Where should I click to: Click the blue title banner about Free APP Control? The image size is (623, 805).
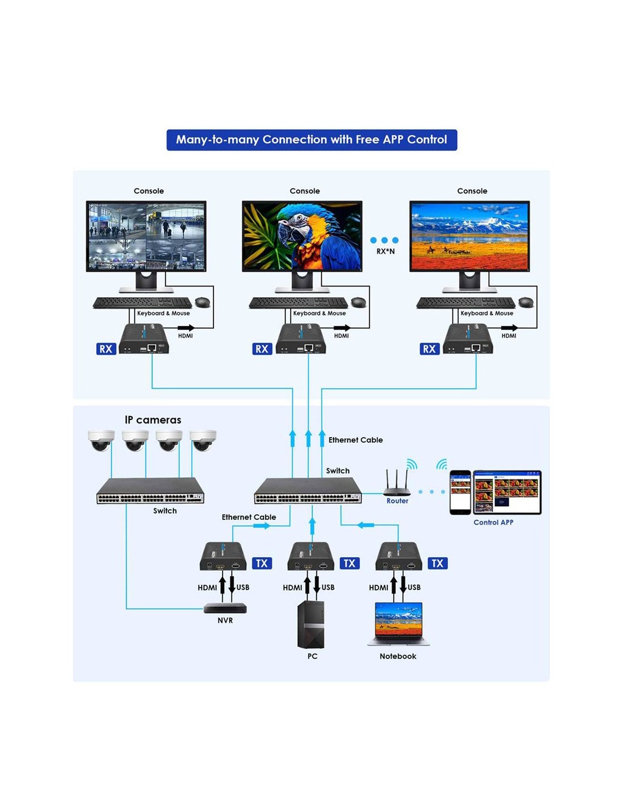click(x=311, y=140)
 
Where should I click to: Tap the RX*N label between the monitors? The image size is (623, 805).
click(x=386, y=251)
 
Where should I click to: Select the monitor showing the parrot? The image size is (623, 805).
click(x=302, y=246)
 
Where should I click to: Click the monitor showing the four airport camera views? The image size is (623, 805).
click(x=146, y=246)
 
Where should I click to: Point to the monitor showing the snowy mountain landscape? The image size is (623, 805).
click(x=469, y=246)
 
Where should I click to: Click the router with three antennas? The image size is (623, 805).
click(x=396, y=482)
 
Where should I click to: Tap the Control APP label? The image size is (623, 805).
click(x=493, y=523)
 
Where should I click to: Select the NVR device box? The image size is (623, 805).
click(x=225, y=608)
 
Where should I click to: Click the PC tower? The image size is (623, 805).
click(x=310, y=624)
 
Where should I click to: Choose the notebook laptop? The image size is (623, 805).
click(x=398, y=624)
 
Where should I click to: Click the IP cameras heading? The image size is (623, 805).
click(x=153, y=419)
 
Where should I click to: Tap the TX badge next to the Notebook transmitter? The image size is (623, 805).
click(x=437, y=563)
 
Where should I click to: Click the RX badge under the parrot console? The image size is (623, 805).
click(x=262, y=349)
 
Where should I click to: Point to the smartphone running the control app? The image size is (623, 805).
click(x=460, y=493)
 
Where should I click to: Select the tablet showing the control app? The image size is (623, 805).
click(x=507, y=492)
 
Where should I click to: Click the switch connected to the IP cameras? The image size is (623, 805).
click(x=150, y=490)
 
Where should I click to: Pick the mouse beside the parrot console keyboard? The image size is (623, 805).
click(x=359, y=302)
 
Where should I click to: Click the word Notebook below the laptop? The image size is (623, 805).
click(x=398, y=656)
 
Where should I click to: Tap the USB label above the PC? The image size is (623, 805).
click(x=328, y=587)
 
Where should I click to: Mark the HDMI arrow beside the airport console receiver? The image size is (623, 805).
click(x=186, y=327)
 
